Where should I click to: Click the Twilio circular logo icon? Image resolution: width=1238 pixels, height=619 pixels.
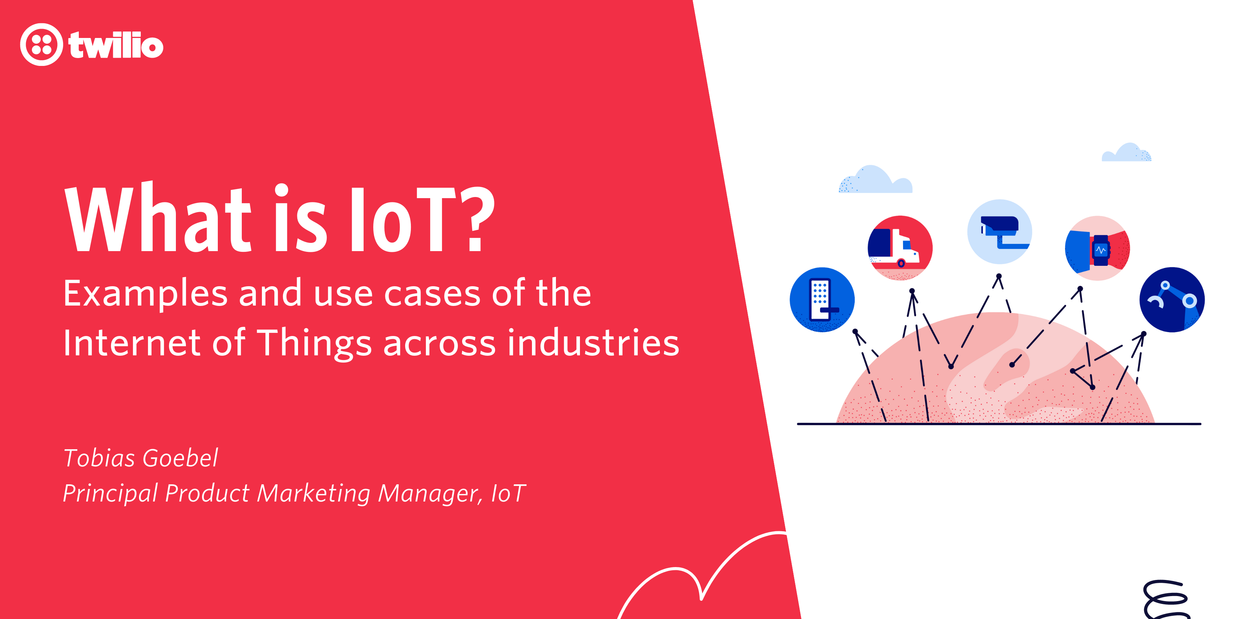41,45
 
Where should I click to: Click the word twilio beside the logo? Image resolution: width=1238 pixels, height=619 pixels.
116,45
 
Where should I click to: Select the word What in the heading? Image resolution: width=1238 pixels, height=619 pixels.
158,219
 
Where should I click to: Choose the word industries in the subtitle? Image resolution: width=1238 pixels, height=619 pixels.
593,343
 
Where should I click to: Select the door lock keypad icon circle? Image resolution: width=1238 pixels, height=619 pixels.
822,299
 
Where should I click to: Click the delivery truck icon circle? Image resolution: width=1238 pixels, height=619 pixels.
900,248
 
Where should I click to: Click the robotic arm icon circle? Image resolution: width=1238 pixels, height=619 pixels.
1172,299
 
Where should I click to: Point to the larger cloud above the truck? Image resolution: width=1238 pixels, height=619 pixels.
875,181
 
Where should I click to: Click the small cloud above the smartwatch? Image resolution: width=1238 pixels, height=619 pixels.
1127,153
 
